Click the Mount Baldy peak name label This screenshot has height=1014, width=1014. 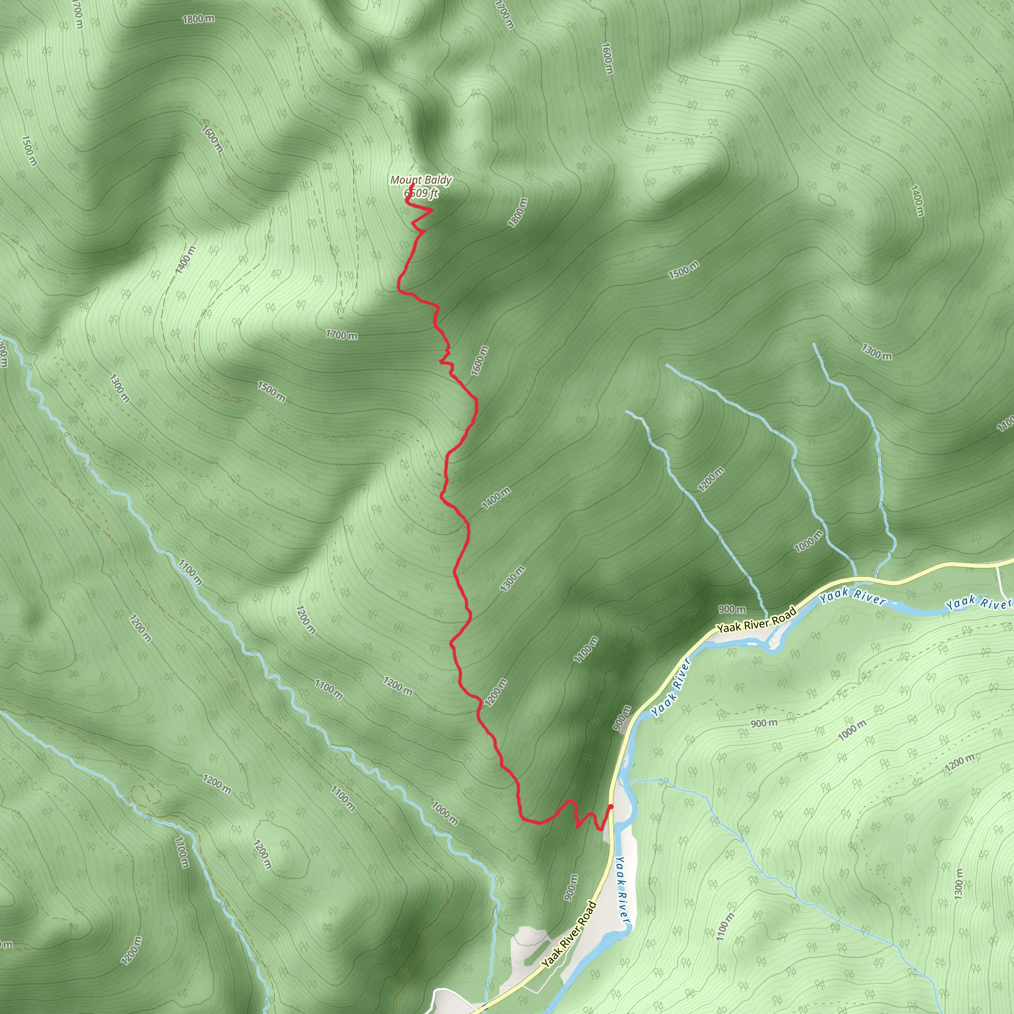pos(421,180)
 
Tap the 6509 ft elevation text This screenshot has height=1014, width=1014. pos(421,193)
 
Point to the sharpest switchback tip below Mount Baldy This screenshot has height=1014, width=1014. pos(432,210)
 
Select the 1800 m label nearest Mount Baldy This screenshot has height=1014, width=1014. pos(517,212)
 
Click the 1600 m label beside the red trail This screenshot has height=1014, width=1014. pos(479,360)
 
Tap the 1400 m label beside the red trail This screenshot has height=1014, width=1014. pos(496,498)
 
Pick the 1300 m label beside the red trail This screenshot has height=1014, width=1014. pos(512,579)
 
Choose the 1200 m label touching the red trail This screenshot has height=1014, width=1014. pos(496,692)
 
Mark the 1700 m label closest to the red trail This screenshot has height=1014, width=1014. pos(342,334)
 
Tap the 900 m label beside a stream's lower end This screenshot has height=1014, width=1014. pos(732,609)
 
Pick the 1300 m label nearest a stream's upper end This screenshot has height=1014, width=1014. pos(876,351)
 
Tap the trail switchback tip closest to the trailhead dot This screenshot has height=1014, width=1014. pos(600,830)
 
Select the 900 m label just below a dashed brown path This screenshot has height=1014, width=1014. pos(764,723)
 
